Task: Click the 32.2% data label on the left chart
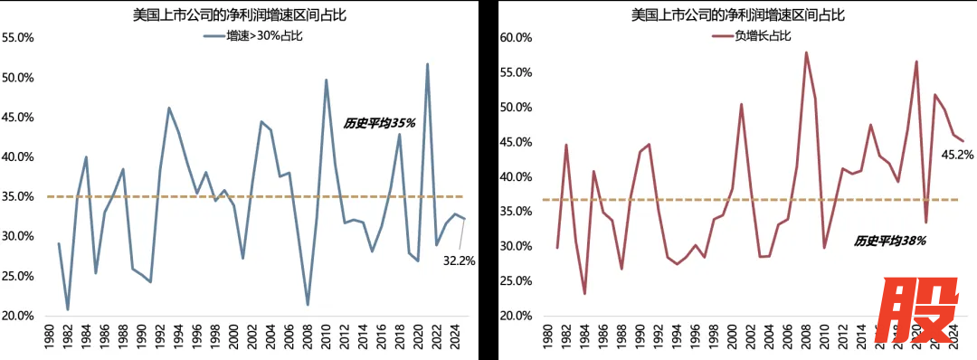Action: point(459,261)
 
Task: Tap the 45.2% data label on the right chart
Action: point(957,155)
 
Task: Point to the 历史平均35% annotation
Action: point(379,122)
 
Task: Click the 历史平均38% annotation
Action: point(889,241)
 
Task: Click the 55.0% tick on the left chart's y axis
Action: point(18,38)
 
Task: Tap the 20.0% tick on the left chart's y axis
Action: point(18,316)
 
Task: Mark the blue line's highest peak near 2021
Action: point(427,64)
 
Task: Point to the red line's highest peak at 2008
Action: point(806,52)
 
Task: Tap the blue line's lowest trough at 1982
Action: point(68,309)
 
